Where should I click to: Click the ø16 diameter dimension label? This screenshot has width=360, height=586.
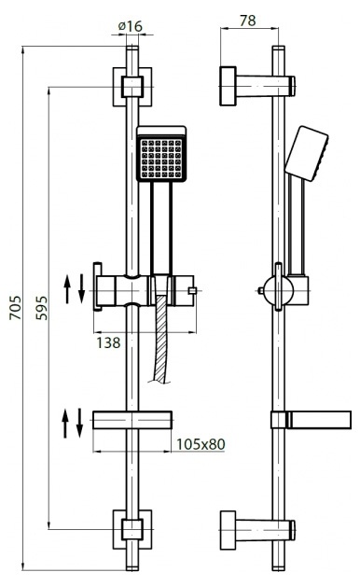131,26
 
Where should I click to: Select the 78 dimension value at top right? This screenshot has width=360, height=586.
247,21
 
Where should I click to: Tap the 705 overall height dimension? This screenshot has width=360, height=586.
15,308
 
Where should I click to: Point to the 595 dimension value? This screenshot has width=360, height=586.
42,308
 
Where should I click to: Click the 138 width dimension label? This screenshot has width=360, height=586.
109,342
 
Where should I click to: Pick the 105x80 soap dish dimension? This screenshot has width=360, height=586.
201,444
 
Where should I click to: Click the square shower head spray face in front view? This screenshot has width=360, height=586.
161,158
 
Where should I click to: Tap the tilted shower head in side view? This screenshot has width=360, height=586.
307,154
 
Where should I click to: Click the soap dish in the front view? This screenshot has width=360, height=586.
132,421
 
